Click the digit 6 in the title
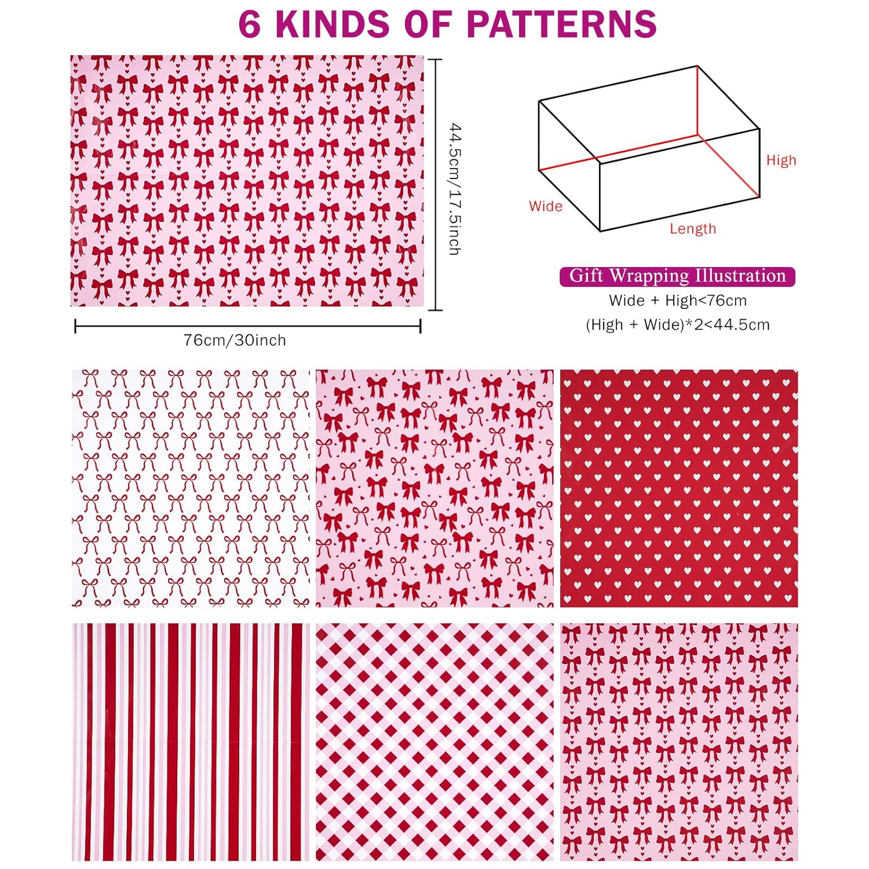click(x=249, y=24)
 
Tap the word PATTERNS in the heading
click(x=561, y=24)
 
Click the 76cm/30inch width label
click(x=235, y=340)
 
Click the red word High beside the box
click(x=781, y=160)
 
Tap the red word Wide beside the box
click(x=545, y=206)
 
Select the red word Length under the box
click(x=693, y=229)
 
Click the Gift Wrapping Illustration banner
click(x=677, y=276)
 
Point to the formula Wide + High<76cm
click(x=677, y=301)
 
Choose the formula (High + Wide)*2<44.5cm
click(x=677, y=325)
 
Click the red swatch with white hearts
click(x=678, y=488)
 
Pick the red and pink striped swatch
click(x=191, y=742)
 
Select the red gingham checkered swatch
click(x=434, y=742)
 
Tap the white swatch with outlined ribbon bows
click(x=191, y=488)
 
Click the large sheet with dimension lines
click(x=247, y=181)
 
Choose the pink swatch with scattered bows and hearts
click(x=434, y=488)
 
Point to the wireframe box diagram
click(x=649, y=148)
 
